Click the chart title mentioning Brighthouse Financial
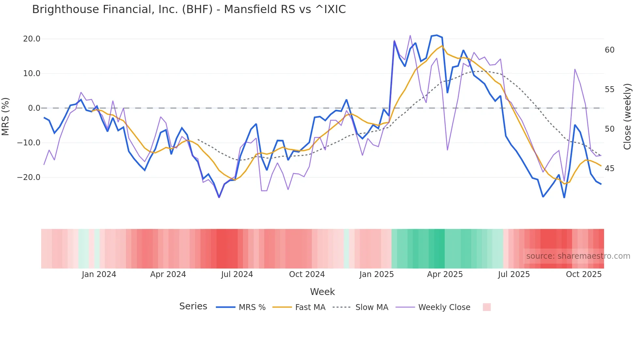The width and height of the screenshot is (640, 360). [x=189, y=9]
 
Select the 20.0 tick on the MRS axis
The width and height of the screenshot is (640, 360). [x=32, y=39]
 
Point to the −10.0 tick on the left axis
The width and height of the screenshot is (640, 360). [x=29, y=143]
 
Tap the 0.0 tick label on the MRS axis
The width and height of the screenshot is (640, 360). [x=34, y=108]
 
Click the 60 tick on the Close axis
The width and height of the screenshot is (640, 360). [x=609, y=50]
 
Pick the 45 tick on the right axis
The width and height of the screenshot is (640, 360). [x=609, y=169]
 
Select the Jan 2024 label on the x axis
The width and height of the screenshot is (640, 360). [x=99, y=274]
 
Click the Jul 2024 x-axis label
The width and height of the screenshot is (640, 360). [x=237, y=274]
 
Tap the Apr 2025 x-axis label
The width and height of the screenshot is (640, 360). [x=445, y=274]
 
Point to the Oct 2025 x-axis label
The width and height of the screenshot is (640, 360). [x=584, y=274]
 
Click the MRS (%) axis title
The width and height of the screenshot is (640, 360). [x=6, y=116]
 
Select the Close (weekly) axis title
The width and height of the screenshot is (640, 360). [x=627, y=117]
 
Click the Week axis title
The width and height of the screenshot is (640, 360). [x=322, y=292]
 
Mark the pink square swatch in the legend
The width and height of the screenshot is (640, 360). [x=487, y=307]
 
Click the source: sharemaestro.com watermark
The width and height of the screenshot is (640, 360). [x=578, y=256]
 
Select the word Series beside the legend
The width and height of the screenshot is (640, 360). [x=193, y=306]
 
